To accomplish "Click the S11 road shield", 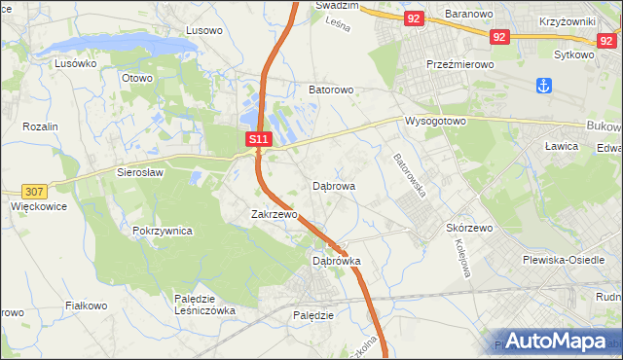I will [257, 140].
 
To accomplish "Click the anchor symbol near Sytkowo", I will [543, 85].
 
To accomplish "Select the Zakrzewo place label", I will [274, 214].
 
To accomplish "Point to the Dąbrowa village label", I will [334, 185].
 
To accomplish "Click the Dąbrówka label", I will [337, 261].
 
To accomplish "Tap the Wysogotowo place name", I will [436, 122].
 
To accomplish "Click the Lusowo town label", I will [203, 30].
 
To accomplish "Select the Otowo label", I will [137, 78].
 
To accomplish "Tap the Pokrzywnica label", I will [163, 232].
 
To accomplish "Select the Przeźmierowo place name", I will [461, 62].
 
